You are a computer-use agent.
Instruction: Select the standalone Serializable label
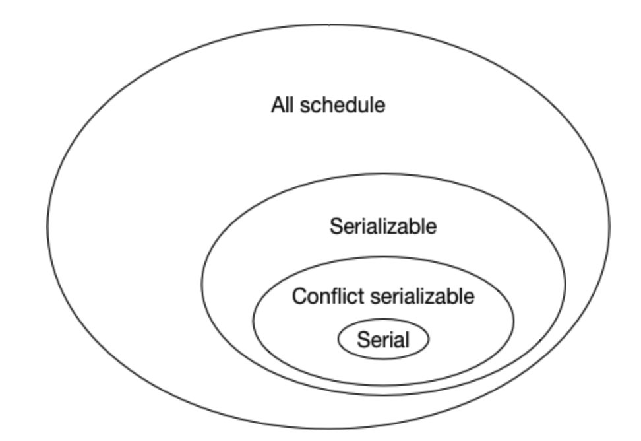pyautogui.click(x=382, y=227)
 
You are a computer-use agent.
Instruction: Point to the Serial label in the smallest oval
pyautogui.click(x=382, y=340)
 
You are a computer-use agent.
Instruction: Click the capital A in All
pyautogui.click(x=276, y=106)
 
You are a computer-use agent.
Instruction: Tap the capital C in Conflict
pyautogui.click(x=298, y=296)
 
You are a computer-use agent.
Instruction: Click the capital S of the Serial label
pyautogui.click(x=362, y=340)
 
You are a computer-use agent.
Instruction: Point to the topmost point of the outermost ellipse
pyautogui.click(x=328, y=24)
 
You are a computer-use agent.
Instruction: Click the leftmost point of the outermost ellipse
pyautogui.click(x=47, y=228)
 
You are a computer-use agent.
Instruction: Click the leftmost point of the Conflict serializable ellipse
pyautogui.click(x=253, y=320)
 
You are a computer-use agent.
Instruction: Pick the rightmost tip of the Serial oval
pyautogui.click(x=429, y=339)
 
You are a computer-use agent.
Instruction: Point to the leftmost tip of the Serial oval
pyautogui.click(x=338, y=339)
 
